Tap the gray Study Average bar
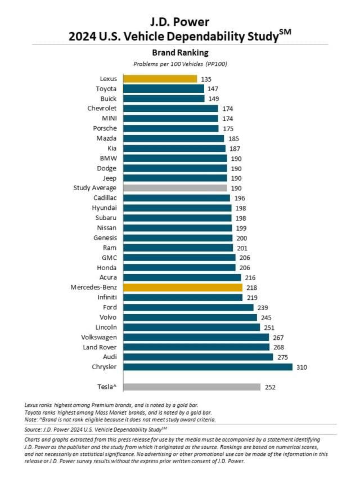(x=175, y=188)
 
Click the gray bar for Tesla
(x=191, y=387)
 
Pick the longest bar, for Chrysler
(x=208, y=367)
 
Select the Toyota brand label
(x=106, y=89)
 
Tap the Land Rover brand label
(x=100, y=347)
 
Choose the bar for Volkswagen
(x=196, y=337)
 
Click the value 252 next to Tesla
(x=271, y=387)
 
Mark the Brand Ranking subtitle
(x=180, y=53)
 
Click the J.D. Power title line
(x=180, y=22)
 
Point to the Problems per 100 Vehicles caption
(x=180, y=64)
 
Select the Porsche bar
(x=170, y=128)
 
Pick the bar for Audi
(x=198, y=357)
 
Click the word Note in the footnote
(x=31, y=419)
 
